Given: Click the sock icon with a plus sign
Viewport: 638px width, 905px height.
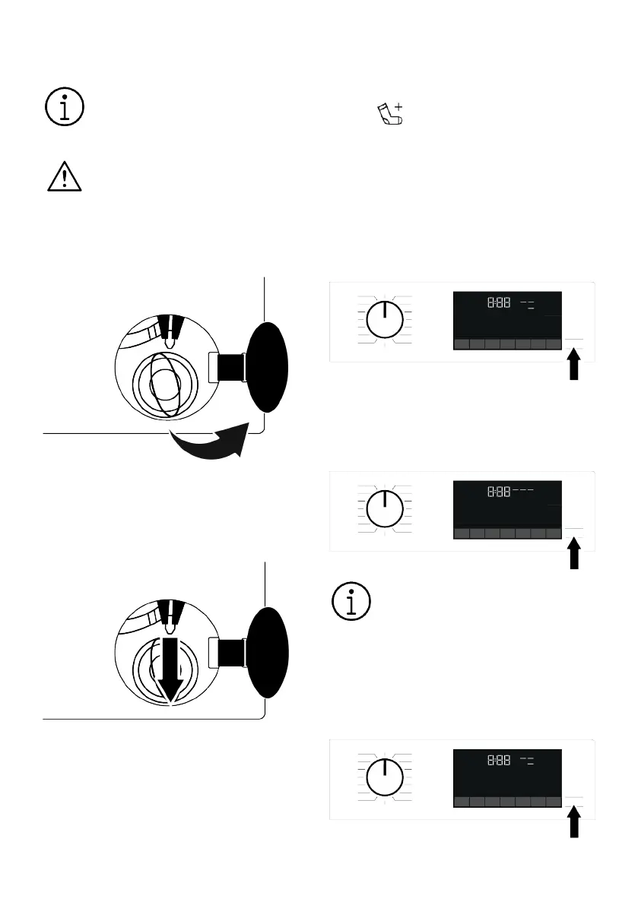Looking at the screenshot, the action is click(x=390, y=114).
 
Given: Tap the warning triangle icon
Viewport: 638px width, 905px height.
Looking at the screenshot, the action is click(x=64, y=177).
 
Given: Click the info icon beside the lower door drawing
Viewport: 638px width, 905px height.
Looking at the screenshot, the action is click(x=351, y=602).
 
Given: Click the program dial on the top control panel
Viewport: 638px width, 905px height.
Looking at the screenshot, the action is click(x=385, y=320).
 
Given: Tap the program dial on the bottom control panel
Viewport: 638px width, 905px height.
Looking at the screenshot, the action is click(x=385, y=778).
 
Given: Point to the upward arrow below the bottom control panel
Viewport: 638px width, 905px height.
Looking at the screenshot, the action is click(x=575, y=823).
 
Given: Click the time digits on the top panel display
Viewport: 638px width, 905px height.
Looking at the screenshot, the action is click(x=499, y=303).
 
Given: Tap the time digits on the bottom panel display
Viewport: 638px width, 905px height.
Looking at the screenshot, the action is click(x=499, y=761).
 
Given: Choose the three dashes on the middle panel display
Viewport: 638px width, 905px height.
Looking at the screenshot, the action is click(x=523, y=491).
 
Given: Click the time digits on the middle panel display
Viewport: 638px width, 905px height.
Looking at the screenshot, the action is click(x=499, y=492).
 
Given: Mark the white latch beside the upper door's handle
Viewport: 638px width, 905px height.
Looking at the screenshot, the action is click(x=214, y=367).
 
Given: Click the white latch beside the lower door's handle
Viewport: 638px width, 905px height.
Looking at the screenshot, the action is click(x=214, y=652).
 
